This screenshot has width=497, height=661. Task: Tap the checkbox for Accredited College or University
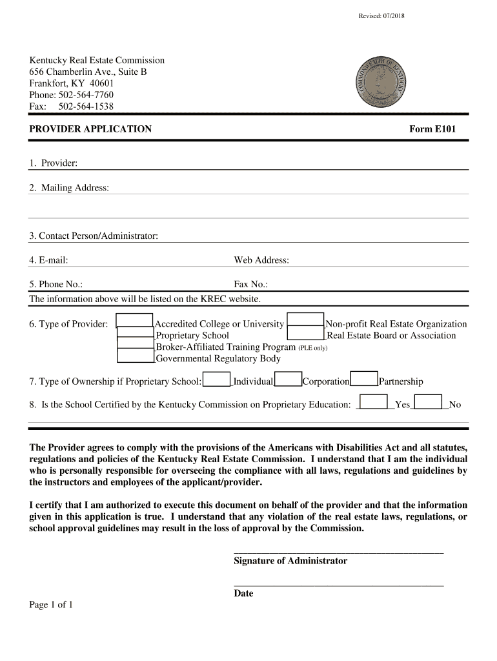[x=135, y=321]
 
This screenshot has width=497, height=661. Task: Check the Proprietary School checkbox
[x=136, y=334]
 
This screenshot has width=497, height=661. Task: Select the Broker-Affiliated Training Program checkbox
[x=136, y=346]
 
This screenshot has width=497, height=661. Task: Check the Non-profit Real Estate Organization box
[x=305, y=321]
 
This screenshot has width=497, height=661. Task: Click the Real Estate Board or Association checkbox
[x=306, y=334]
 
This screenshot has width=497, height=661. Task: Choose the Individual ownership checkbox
[x=216, y=380]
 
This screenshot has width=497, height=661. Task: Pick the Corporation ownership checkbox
[x=289, y=380]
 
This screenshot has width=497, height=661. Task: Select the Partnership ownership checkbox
[x=364, y=380]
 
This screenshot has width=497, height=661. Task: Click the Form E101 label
[x=432, y=129]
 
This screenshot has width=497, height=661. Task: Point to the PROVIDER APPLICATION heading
[x=90, y=129]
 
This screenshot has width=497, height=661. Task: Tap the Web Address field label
[x=261, y=260]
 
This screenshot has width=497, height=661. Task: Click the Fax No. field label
[x=250, y=284]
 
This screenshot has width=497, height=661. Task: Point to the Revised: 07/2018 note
[x=381, y=15]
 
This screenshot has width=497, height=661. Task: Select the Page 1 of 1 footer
[x=51, y=605]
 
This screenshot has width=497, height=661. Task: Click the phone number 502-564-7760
[x=86, y=95]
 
